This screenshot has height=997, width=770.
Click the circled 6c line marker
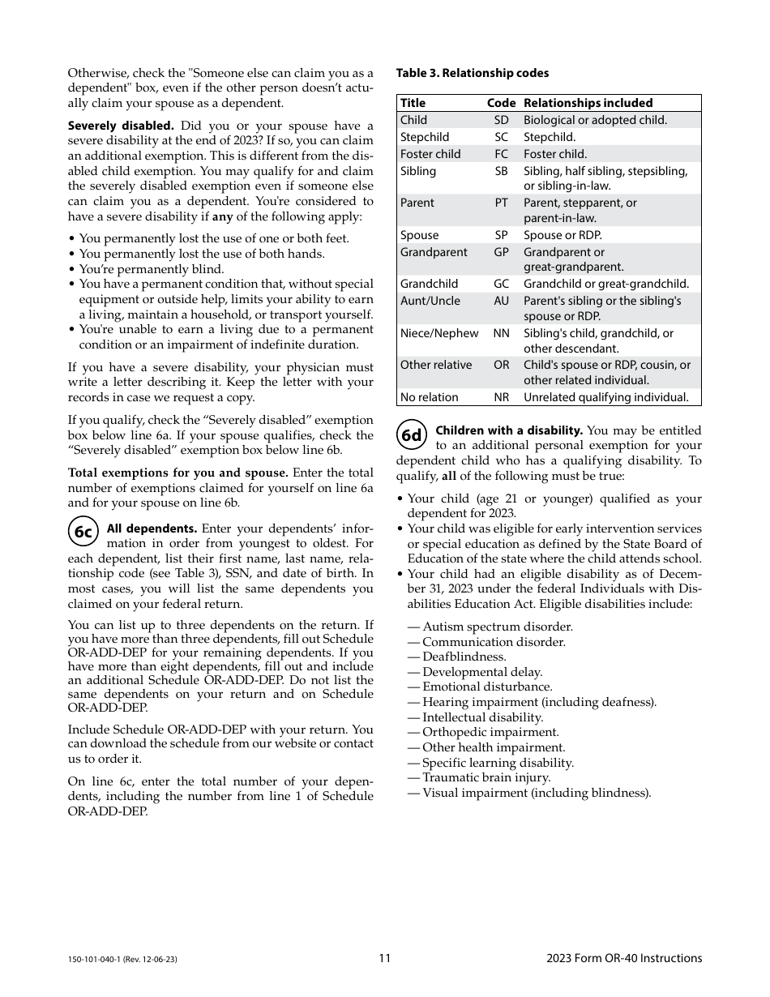(x=83, y=532)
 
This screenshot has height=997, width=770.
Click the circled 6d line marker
(x=412, y=435)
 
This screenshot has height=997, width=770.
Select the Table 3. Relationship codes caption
(x=472, y=74)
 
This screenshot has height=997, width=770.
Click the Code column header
(x=501, y=103)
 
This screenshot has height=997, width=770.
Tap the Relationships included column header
(x=588, y=103)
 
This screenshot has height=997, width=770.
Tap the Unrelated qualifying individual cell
(x=605, y=397)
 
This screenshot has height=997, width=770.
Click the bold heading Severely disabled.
(x=120, y=126)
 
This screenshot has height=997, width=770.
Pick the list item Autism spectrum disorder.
(x=497, y=627)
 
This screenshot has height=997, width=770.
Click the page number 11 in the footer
(x=384, y=958)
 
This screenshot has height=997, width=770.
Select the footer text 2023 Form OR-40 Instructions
(x=624, y=958)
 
